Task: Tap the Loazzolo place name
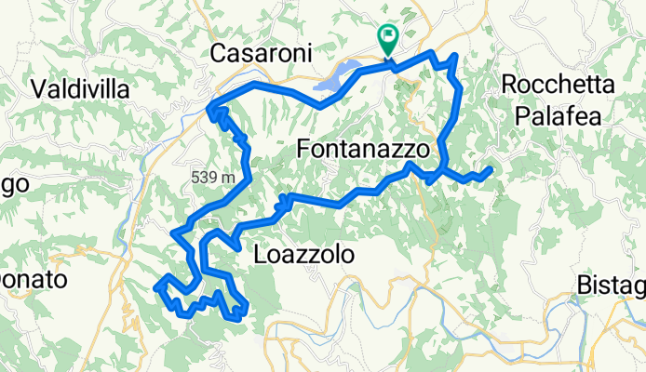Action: pos(296,253)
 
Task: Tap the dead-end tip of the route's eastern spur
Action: pos(490,169)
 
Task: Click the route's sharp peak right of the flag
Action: pos(454,57)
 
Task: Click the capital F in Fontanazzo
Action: pos(303,149)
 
